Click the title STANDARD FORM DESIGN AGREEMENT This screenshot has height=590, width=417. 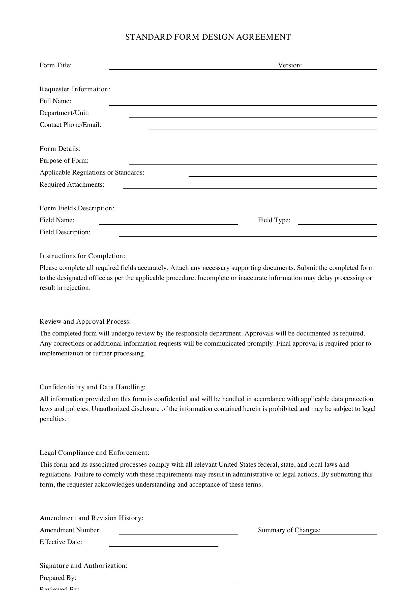208,37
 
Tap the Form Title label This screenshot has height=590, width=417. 55,65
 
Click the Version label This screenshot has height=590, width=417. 290,65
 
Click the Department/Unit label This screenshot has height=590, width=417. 64,113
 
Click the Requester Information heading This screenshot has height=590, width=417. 75,89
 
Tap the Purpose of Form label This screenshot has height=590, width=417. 64,161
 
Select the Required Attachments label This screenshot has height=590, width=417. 72,185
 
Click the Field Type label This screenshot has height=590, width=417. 274,220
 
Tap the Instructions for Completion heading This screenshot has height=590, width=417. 82,256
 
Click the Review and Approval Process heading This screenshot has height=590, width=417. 85,321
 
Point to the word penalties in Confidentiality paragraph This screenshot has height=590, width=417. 53,419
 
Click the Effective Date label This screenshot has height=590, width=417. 61,542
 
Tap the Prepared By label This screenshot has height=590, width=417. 58,578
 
